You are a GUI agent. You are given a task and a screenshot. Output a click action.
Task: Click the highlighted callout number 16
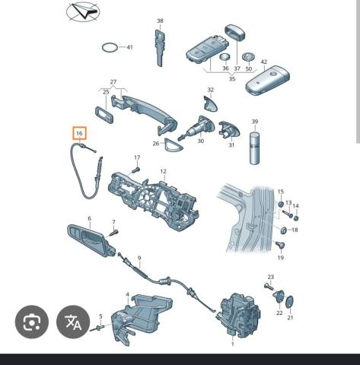(79, 133)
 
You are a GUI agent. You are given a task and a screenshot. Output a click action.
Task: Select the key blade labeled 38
(159, 47)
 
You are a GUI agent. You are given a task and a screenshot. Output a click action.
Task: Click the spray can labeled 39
(255, 148)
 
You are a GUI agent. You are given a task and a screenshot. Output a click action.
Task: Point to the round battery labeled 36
(225, 57)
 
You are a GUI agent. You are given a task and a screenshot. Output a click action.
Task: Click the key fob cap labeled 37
(235, 32)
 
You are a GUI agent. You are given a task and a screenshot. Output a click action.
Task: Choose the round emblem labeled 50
(248, 57)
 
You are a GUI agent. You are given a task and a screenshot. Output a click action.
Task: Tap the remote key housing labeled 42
(268, 81)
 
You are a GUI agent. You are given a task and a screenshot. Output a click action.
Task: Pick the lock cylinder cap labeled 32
(211, 103)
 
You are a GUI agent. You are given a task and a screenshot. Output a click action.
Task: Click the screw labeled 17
(136, 170)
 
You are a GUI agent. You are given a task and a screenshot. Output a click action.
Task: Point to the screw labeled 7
(113, 233)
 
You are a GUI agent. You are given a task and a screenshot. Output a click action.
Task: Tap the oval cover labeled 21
(289, 302)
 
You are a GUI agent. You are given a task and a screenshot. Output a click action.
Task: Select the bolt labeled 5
(98, 328)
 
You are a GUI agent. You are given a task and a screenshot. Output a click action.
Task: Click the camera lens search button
(32, 322)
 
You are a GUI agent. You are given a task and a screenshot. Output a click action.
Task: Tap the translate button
(73, 322)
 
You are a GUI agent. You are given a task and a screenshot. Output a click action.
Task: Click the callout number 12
(163, 171)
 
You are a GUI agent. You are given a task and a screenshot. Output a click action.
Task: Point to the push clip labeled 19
(280, 245)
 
